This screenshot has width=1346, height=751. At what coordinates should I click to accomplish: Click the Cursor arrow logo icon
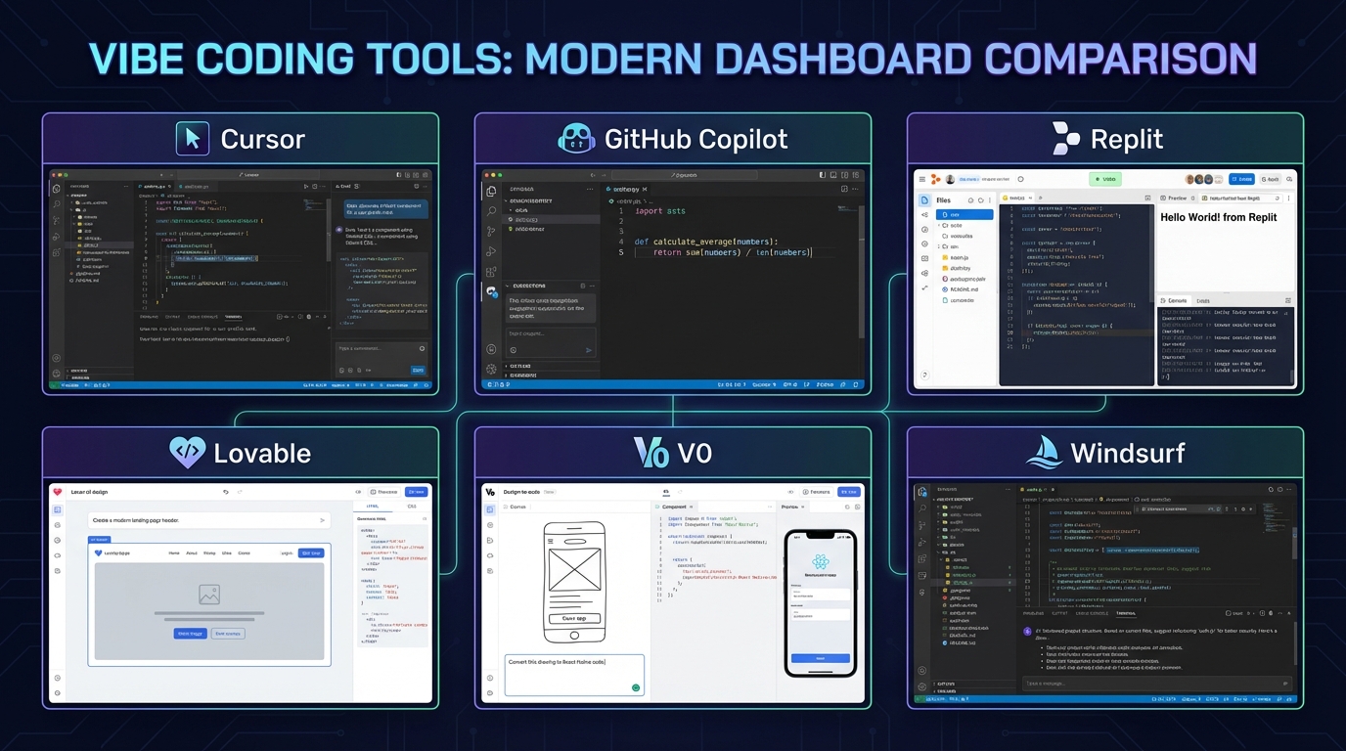[x=193, y=139]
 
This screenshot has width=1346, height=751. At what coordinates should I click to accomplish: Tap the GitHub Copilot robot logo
[x=576, y=139]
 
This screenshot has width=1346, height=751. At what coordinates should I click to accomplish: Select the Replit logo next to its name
[x=1065, y=139]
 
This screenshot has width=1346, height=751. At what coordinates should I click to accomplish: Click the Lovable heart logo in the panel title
[x=187, y=453]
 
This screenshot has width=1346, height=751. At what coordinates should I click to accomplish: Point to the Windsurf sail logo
[x=1043, y=452]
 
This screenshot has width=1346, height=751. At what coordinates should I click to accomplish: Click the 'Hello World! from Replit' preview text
[x=1219, y=217]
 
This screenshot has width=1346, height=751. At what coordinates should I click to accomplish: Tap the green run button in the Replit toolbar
[x=1105, y=180]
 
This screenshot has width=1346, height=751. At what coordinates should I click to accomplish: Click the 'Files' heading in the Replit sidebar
[x=943, y=200]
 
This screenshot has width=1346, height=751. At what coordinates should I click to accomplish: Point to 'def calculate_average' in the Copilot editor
[x=704, y=242]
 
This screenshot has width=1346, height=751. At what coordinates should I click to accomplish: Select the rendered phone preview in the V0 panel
[x=820, y=602]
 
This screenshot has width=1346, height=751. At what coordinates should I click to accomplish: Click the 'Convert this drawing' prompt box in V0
[x=574, y=675]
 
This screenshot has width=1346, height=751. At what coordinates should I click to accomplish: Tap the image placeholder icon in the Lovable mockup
[x=208, y=594]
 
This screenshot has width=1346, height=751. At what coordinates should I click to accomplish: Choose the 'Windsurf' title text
[x=1127, y=453]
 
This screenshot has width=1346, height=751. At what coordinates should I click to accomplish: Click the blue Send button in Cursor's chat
[x=418, y=371]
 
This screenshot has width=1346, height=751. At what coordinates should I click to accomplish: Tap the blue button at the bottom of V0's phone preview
[x=820, y=658]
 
